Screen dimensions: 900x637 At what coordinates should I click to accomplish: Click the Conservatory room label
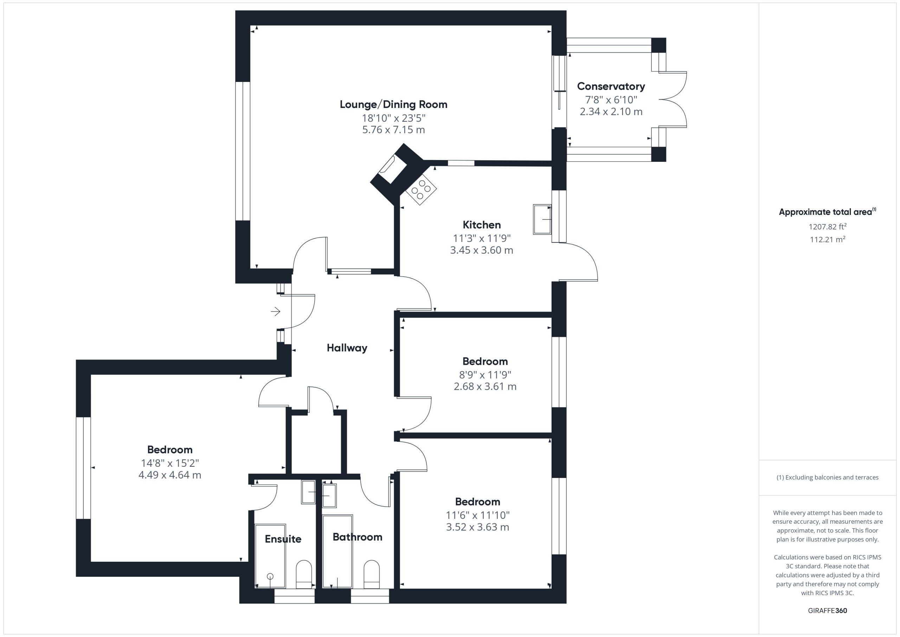pos(611,86)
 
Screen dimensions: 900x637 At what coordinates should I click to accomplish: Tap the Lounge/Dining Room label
pos(393,104)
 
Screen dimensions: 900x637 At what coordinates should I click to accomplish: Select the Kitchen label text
pos(481,225)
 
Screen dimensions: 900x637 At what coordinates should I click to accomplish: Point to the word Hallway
pos(347,348)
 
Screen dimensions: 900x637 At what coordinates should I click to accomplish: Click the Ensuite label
pos(283,539)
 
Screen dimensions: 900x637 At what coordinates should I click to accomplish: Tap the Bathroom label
pos(358,537)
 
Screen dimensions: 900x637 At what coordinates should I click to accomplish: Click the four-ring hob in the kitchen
pos(420,190)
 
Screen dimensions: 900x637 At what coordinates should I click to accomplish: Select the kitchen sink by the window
pos(542,219)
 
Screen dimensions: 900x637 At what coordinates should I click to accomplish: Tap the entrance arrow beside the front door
pos(276,311)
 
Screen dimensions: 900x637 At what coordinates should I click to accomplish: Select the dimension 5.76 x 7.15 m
pos(393,130)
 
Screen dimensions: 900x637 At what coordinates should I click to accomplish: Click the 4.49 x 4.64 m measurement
pos(170,475)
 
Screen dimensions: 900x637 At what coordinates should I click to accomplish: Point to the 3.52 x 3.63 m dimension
pos(477,527)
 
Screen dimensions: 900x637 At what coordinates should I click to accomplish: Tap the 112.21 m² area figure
pos(828,239)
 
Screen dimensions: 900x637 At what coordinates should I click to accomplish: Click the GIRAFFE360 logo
pos(828,610)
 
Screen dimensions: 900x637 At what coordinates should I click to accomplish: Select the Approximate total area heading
pos(828,212)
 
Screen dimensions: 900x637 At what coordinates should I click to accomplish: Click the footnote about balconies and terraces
pos(828,477)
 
